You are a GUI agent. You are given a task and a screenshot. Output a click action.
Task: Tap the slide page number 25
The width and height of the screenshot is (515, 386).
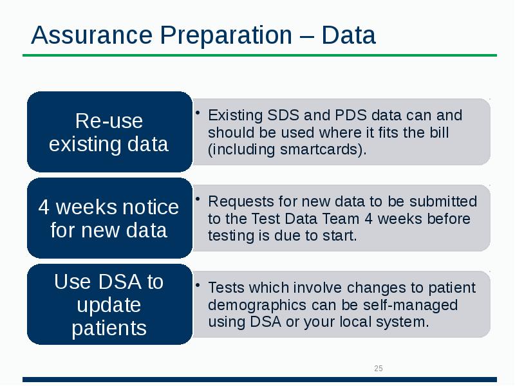click(x=379, y=369)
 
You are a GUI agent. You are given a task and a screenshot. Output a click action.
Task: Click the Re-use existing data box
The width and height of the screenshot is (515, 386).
click(x=109, y=132)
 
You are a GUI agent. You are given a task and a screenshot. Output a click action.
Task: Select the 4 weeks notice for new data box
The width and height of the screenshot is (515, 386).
click(x=109, y=218)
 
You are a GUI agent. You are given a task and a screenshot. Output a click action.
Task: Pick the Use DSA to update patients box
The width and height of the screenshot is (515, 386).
click(x=109, y=304)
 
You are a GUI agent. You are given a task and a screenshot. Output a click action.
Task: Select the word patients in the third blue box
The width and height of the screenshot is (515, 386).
click(x=109, y=327)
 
